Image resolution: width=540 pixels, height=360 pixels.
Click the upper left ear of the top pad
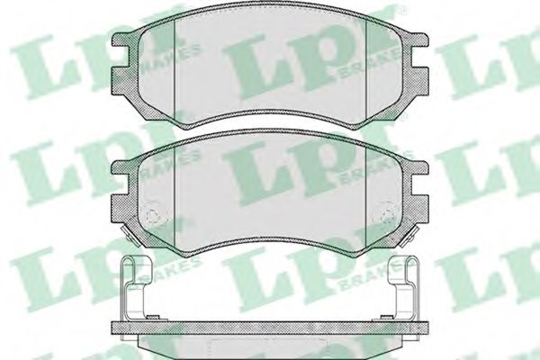(121, 40)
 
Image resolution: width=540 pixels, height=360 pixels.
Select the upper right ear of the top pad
(418, 40)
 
